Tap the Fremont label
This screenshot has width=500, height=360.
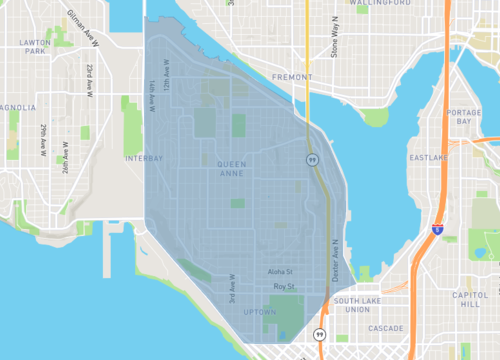(293, 76)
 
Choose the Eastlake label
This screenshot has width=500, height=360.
(428, 158)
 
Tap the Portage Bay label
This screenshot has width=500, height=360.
(464, 117)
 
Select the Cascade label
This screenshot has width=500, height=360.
(384, 328)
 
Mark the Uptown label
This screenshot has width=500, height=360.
(260, 312)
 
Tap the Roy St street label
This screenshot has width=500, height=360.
(285, 287)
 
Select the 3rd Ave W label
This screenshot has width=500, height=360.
(231, 289)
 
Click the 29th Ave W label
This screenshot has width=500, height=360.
(43, 140)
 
